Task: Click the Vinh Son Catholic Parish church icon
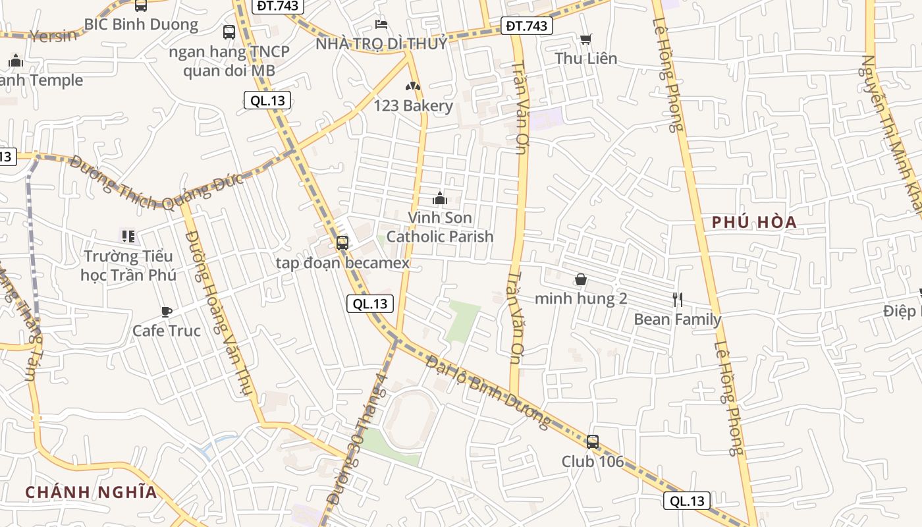point(440,198)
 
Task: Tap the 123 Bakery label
point(413,106)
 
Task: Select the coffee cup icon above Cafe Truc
point(167,312)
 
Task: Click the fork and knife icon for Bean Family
point(678,300)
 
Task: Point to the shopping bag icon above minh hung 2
point(580,279)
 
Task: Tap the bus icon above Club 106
point(593,442)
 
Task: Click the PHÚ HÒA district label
point(754,223)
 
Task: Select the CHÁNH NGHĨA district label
point(92,492)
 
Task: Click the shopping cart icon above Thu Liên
point(585,40)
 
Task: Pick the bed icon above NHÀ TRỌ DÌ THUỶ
point(381,24)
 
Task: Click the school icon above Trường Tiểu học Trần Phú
point(128,236)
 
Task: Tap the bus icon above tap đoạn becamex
point(342,242)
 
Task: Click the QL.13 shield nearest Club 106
point(687,501)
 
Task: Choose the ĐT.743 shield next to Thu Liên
point(526,26)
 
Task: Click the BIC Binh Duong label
point(141,24)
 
